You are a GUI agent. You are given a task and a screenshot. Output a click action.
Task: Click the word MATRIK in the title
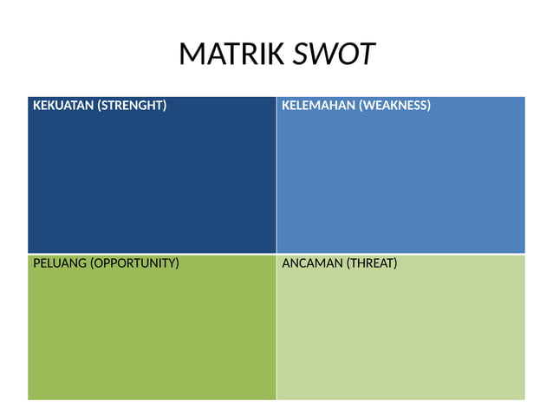tap(231, 55)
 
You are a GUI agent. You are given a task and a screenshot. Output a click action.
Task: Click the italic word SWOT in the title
tap(334, 55)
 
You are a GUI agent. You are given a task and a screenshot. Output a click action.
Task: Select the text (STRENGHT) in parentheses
tap(132, 107)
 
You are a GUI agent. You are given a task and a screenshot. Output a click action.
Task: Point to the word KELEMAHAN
tap(316, 107)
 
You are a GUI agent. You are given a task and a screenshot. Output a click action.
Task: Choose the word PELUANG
tap(60, 263)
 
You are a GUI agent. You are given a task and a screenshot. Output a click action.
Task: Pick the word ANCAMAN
tap(313, 263)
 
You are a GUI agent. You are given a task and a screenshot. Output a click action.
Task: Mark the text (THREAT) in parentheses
tap(372, 263)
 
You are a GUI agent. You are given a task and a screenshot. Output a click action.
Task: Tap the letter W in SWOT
tap(321, 55)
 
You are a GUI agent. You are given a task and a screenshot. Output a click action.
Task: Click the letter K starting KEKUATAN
tap(36, 107)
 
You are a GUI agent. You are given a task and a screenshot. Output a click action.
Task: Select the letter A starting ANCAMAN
tap(287, 263)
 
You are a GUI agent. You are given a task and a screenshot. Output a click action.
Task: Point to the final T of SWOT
tap(368, 55)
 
